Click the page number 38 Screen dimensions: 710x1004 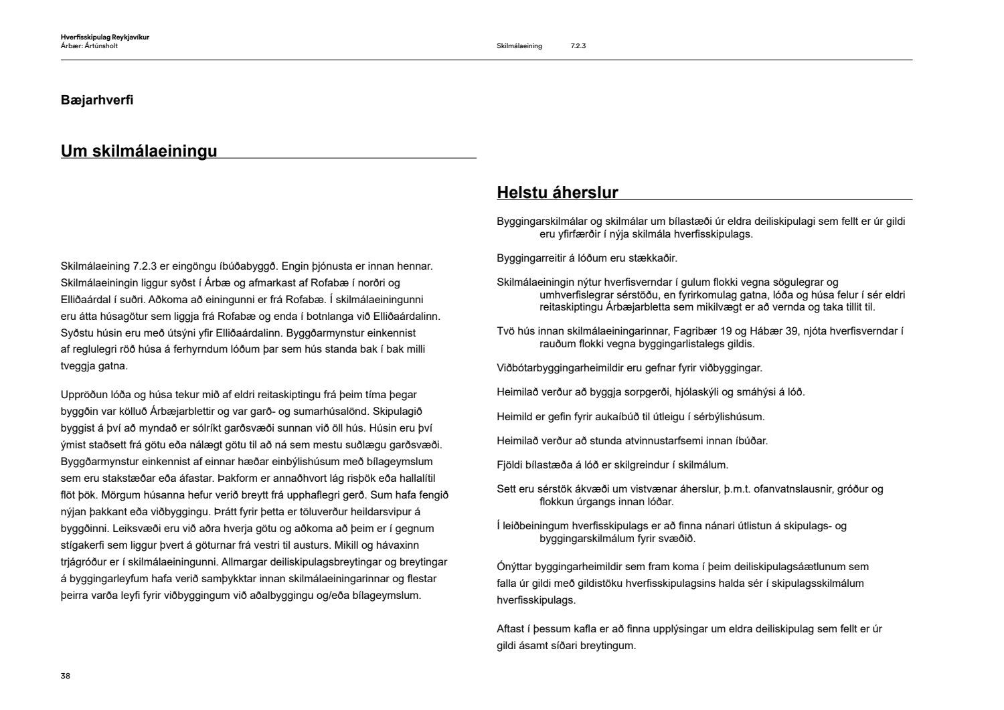point(66,676)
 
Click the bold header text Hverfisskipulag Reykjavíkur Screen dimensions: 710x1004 point(104,37)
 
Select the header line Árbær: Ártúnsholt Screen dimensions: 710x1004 point(89,46)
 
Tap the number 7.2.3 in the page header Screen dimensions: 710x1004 point(578,46)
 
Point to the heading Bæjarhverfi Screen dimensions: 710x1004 point(97,100)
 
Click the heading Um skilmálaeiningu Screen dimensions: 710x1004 point(139,151)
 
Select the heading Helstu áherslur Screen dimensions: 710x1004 point(557,193)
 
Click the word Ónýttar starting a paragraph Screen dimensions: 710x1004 point(517,567)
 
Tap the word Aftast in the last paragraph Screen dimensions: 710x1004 point(512,629)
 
